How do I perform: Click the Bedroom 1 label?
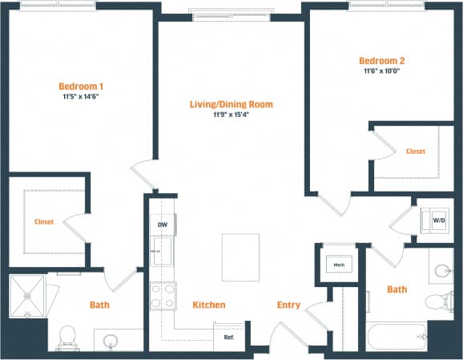[81, 86]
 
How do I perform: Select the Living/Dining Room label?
[231, 104]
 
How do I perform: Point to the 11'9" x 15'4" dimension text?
[231, 115]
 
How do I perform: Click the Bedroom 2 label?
[381, 60]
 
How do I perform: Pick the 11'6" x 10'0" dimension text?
[381, 71]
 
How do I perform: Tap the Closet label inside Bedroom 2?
[415, 151]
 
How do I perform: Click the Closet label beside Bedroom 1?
[44, 222]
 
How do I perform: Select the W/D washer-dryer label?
[439, 219]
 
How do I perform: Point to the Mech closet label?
[338, 264]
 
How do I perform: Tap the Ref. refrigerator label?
[228, 337]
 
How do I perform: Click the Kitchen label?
[208, 305]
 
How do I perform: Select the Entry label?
[288, 305]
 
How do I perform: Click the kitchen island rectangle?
[240, 257]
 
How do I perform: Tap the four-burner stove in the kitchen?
[163, 297]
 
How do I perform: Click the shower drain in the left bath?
[27, 294]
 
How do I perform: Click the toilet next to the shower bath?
[68, 334]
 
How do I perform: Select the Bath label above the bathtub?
[397, 289]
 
